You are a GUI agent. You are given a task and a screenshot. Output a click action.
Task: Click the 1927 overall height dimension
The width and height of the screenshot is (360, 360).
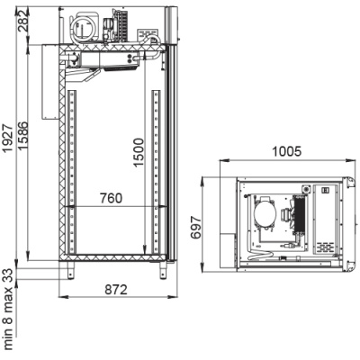point(7,138)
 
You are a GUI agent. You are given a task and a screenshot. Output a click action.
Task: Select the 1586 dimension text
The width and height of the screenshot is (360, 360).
point(22,136)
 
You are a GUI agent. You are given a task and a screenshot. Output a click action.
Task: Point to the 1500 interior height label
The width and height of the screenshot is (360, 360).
point(139,152)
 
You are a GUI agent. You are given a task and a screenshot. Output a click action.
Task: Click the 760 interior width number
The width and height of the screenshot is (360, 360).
point(112,198)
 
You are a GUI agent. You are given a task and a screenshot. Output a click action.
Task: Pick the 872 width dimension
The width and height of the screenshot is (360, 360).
point(116,290)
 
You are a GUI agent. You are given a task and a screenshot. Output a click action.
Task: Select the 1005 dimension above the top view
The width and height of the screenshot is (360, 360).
point(286,151)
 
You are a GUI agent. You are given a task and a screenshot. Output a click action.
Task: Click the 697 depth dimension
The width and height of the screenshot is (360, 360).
point(196,227)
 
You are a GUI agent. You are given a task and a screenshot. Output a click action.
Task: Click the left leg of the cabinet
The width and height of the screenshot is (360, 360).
point(70,270)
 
